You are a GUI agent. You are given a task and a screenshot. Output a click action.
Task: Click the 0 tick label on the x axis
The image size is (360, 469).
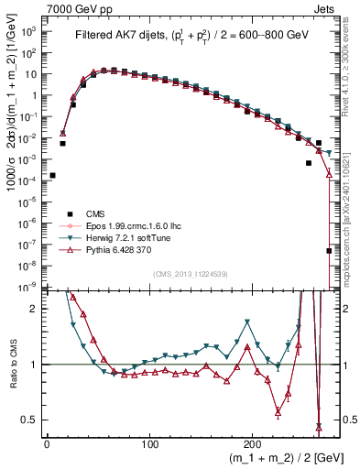click(47, 443)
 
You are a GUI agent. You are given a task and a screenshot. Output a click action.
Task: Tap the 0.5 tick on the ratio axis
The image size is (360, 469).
click(28, 420)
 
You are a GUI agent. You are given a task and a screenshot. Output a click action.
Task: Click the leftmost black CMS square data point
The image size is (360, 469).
click(52, 175)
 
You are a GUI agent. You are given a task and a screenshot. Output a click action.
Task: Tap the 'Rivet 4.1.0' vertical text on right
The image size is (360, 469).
click(349, 73)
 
